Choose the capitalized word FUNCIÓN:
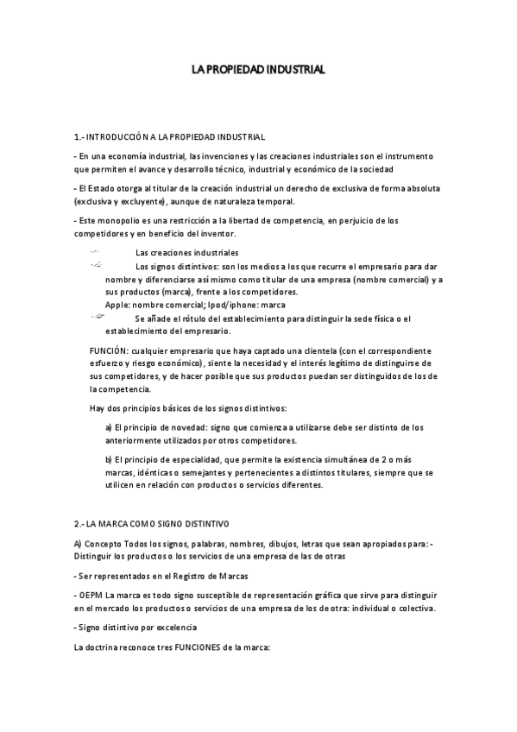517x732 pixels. [x=110, y=351]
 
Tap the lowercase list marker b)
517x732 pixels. [x=109, y=459]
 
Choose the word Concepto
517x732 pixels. [x=103, y=543]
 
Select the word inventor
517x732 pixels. [x=215, y=234]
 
